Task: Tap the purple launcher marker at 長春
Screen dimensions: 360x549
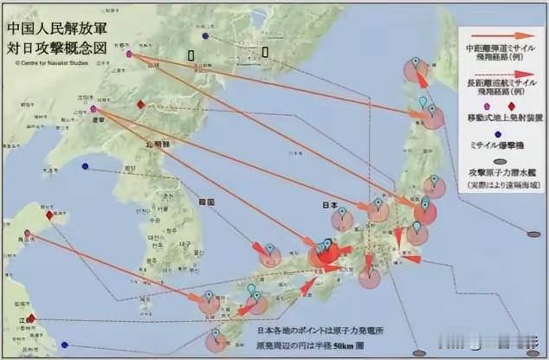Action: pyautogui.click(x=129, y=54)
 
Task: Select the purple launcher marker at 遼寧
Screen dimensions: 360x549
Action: pyautogui.click(x=94, y=110)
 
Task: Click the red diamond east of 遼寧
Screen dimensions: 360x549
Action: pyautogui.click(x=140, y=105)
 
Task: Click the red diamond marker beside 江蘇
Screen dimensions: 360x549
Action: pyautogui.click(x=31, y=318)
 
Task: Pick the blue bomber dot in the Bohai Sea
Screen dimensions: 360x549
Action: pyautogui.click(x=85, y=168)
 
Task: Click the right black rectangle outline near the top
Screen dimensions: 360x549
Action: pyautogui.click(x=265, y=51)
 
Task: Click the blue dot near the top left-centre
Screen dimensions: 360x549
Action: pyautogui.click(x=205, y=35)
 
